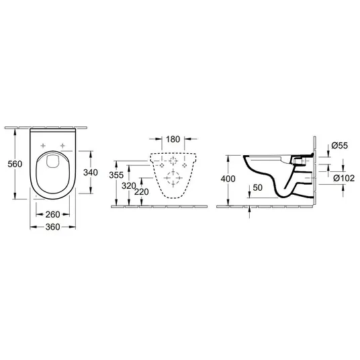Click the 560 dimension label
[x=15, y=164]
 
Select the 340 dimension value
[x=91, y=173]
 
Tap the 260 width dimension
[x=52, y=214]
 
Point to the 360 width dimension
[x=52, y=227]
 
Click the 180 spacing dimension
[x=173, y=139]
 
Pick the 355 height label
[x=116, y=175]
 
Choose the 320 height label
[x=129, y=186]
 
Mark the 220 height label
[x=142, y=191]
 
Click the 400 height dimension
[x=228, y=179]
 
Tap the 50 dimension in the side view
[x=257, y=187]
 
